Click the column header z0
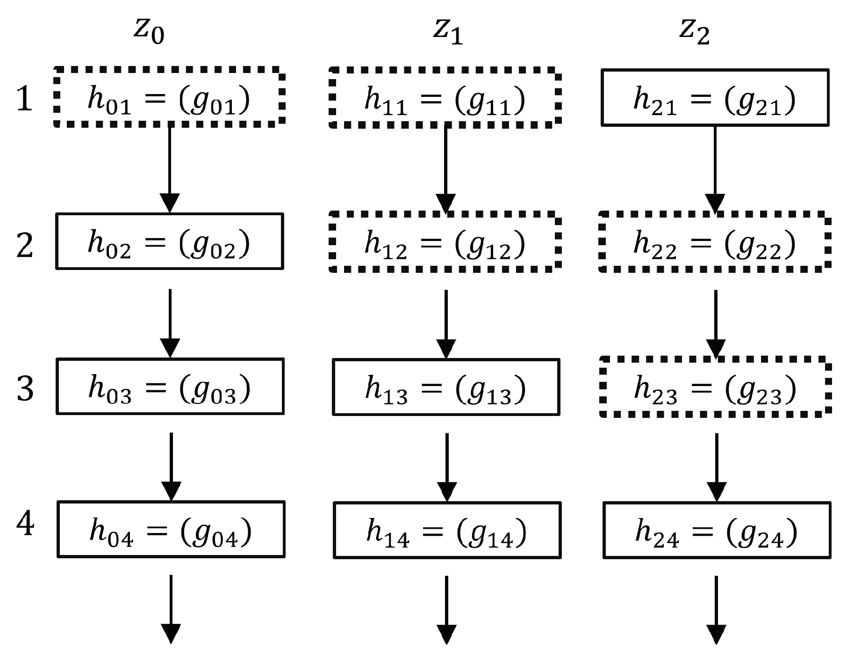pos(149,32)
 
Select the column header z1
pos(447,32)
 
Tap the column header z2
pos(694,32)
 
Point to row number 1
pos(24,99)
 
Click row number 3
pos(25,388)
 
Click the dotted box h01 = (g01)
pos(169,97)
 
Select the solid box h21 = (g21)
pos(715,98)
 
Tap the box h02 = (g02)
pos(169,241)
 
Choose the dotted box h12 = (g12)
pos(445,241)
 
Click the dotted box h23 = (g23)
pos(715,387)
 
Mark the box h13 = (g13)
pos(446,387)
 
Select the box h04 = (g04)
pos(171,529)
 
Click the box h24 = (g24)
pos(717,530)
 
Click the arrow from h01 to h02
pos(169,168)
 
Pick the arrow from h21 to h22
pos(715,168)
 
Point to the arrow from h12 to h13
pos(446,323)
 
